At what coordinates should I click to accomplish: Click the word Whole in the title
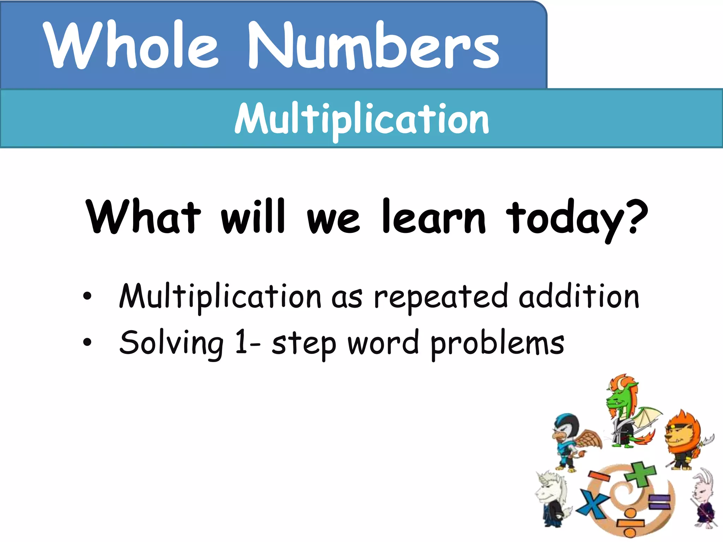pos(131,45)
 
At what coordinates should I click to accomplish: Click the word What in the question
pos(143,217)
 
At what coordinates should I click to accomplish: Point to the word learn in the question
pos(434,217)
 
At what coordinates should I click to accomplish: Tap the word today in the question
pos(565,219)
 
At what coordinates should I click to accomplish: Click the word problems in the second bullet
pos(497,344)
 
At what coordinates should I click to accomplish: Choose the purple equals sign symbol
pos(659,502)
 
